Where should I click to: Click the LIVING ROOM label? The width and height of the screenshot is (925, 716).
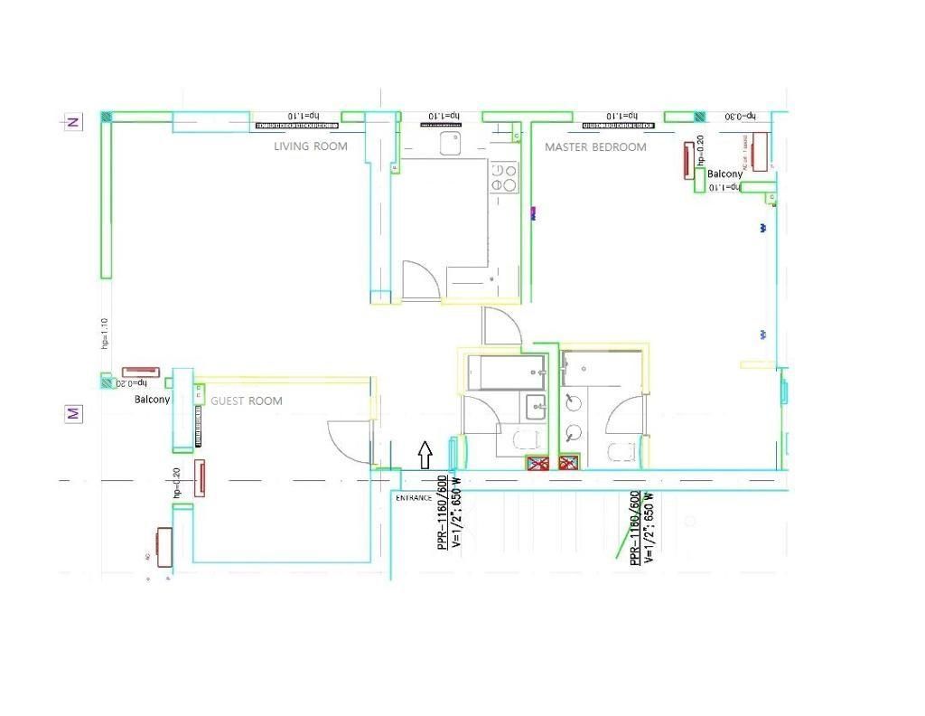(310, 146)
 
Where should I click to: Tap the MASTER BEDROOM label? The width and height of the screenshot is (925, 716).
(595, 147)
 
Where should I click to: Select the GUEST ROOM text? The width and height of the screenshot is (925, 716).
(247, 401)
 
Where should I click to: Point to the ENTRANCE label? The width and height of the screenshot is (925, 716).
(414, 498)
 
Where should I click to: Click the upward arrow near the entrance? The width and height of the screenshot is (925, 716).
(425, 455)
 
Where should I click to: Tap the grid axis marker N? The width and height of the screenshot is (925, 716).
(72, 122)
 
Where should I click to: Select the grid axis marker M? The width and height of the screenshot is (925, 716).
(72, 414)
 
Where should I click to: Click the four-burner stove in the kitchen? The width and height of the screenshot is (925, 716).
(504, 177)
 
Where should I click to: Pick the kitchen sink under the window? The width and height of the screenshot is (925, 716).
(449, 143)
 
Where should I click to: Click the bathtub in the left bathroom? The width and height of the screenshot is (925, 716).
(506, 372)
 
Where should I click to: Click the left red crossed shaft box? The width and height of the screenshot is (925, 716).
(538, 464)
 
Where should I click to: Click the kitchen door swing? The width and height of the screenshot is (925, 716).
(420, 280)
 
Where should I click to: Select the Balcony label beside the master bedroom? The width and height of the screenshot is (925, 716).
(724, 174)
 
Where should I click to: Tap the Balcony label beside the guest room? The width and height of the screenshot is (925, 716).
(152, 400)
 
